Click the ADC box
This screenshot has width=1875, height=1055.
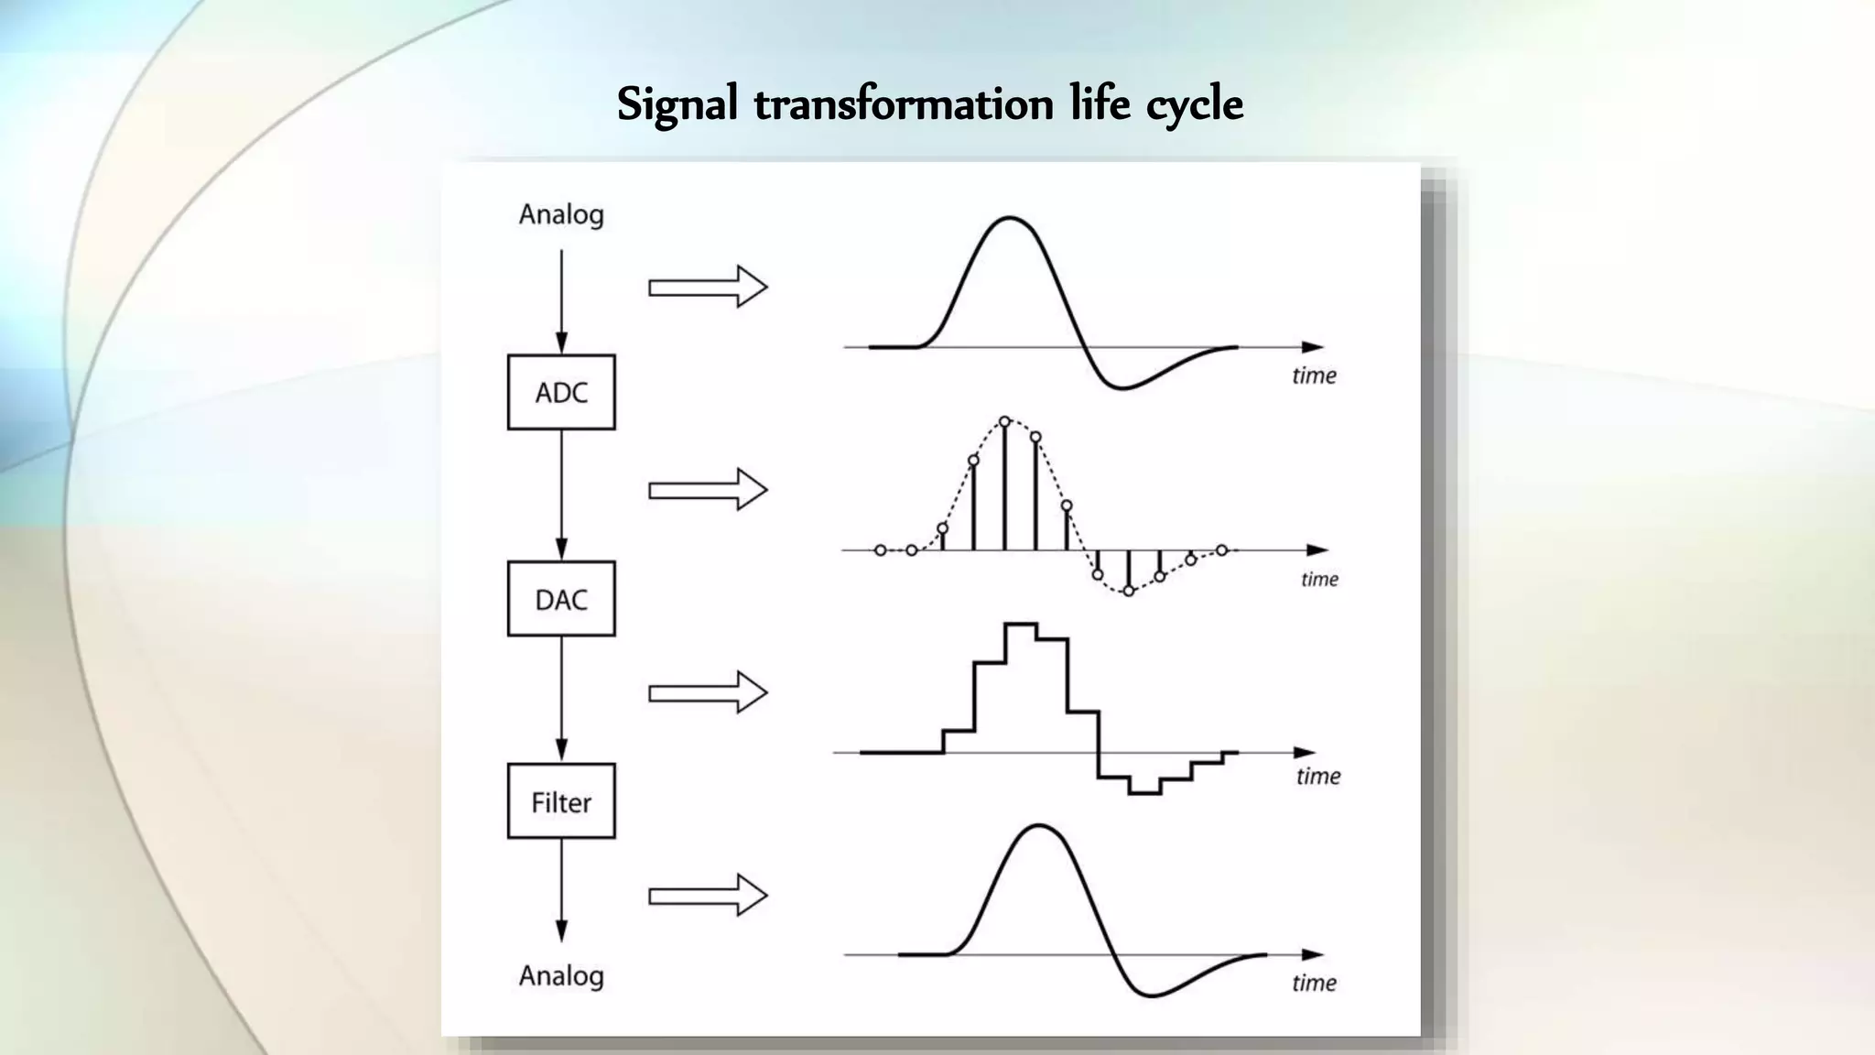(561, 392)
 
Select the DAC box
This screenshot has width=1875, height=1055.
(561, 599)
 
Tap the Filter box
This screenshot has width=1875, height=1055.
(561, 801)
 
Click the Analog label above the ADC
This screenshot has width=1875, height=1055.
(561, 214)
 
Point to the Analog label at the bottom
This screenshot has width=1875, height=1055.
(561, 975)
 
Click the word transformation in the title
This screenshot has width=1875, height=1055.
(904, 104)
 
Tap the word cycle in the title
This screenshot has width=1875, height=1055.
(1195, 104)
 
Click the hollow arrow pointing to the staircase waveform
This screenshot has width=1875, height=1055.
(707, 692)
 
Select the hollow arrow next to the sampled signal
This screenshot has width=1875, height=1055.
(707, 490)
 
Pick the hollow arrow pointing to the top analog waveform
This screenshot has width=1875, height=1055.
(707, 288)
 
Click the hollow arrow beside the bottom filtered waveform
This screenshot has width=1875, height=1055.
(707, 895)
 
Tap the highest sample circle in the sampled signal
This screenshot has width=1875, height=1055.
(1004, 421)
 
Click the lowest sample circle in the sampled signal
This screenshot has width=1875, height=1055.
(1129, 591)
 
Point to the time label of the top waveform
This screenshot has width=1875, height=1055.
(1314, 375)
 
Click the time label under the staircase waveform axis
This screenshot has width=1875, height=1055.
(1317, 777)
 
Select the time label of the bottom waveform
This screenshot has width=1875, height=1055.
(1314, 983)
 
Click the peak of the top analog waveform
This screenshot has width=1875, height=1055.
(1009, 218)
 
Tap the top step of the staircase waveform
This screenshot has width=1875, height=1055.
(1020, 625)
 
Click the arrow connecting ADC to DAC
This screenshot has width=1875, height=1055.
(561, 495)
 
